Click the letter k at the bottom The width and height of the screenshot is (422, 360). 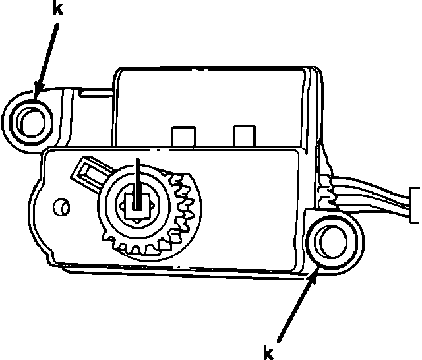268,353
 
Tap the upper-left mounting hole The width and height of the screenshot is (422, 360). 30,120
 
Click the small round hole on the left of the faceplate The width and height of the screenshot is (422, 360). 60,207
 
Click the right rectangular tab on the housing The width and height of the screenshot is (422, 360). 244,136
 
